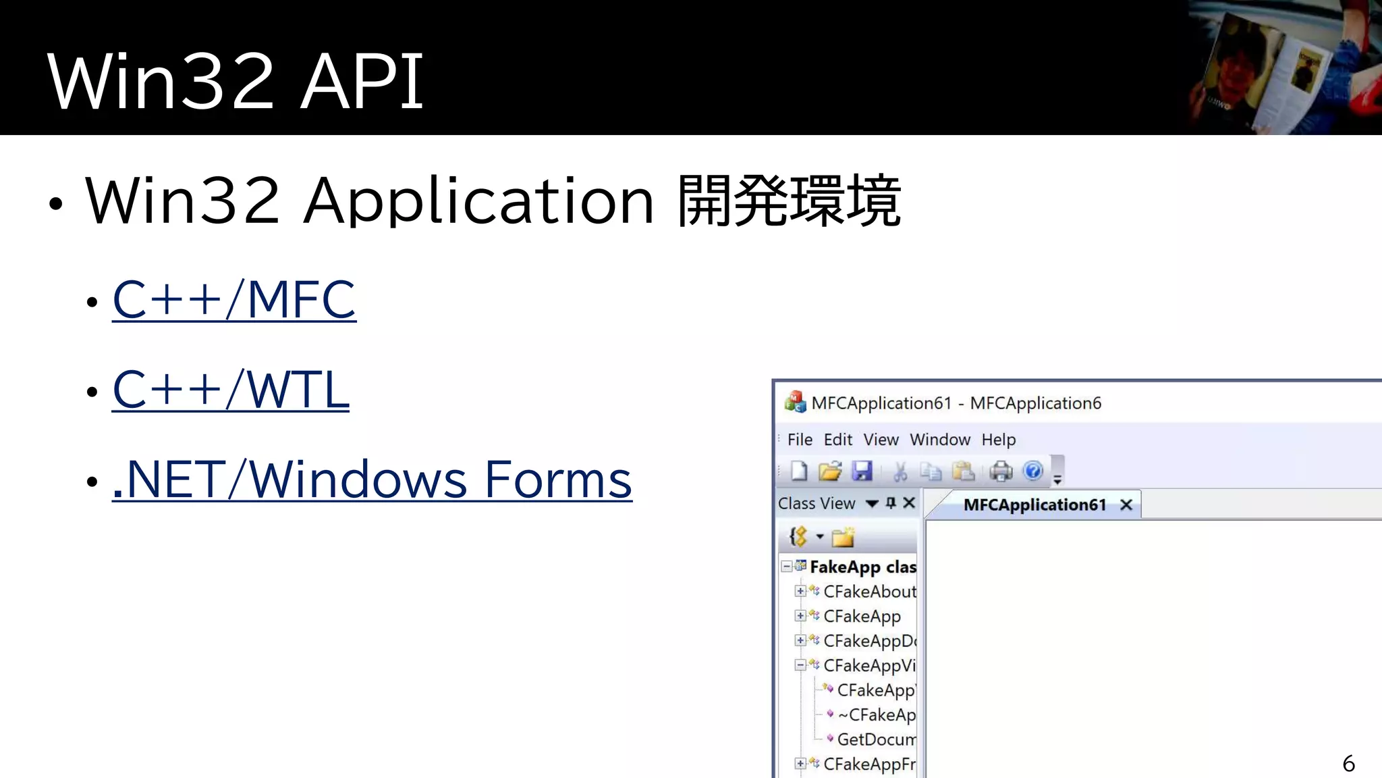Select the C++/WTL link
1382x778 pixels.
coord(230,390)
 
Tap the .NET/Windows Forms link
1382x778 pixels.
coord(372,479)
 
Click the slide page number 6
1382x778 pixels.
coord(1348,763)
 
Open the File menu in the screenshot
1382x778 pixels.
coord(800,440)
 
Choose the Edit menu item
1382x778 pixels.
coord(837,440)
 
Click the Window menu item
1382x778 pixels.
coord(939,440)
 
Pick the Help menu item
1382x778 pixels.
coord(998,440)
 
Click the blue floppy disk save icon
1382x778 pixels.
coord(862,471)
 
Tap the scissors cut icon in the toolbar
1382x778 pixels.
coord(900,471)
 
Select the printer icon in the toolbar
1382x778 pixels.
coord(1001,471)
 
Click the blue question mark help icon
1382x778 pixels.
coord(1032,471)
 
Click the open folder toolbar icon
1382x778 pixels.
coord(829,471)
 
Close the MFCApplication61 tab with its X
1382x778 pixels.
coord(1126,504)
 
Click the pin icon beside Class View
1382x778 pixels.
coord(891,502)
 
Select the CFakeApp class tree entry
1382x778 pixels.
coord(862,616)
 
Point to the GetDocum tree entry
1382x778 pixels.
coord(876,740)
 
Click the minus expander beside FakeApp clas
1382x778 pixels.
coord(786,566)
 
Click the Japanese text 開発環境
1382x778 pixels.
coord(789,201)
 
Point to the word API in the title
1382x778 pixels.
coord(362,82)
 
